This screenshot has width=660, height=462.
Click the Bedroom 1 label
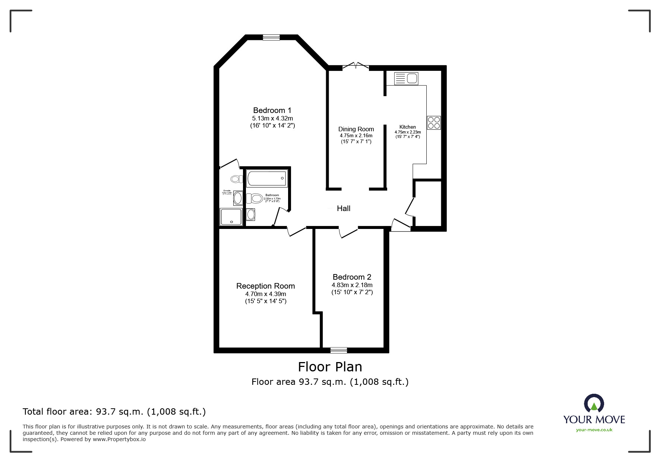272,110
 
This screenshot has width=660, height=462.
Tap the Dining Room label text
356,129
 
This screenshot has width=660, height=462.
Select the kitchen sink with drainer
406,79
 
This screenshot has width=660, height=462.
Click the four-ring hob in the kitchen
434,123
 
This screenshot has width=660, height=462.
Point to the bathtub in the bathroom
267,179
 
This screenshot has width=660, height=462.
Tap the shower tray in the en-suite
231,217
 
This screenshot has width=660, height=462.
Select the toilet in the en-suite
236,179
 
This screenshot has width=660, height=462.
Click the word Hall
343,208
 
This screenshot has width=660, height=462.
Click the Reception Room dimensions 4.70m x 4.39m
265,294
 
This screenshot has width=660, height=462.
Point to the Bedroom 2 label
352,277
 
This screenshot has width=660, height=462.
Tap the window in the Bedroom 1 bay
271,37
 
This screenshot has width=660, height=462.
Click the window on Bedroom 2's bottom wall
338,350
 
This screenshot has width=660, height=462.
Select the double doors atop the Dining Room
356,66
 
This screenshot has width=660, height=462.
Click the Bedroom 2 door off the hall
348,232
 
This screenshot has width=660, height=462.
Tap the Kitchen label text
407,127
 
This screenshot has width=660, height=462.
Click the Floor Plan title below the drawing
330,367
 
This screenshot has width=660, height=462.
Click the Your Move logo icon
594,404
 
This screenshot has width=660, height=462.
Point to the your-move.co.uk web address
594,430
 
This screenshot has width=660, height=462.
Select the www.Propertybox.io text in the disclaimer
119,439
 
